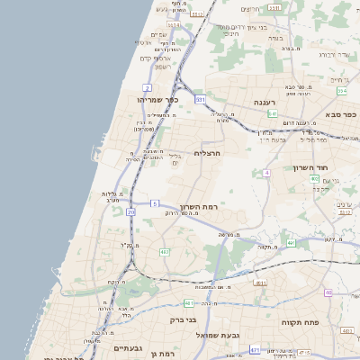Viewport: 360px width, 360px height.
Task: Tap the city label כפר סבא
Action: (x=343, y=114)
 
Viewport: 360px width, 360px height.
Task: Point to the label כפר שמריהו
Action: (x=161, y=100)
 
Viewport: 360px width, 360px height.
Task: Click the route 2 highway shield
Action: (x=146, y=87)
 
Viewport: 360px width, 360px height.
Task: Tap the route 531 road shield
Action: (x=200, y=99)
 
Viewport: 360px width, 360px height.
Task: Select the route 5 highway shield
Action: (x=155, y=203)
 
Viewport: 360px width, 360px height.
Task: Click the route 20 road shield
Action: (x=130, y=212)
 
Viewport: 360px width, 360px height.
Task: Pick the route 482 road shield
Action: (x=165, y=252)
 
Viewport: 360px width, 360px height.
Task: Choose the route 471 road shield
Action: (x=256, y=349)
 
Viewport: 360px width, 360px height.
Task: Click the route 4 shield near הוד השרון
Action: (x=267, y=172)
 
